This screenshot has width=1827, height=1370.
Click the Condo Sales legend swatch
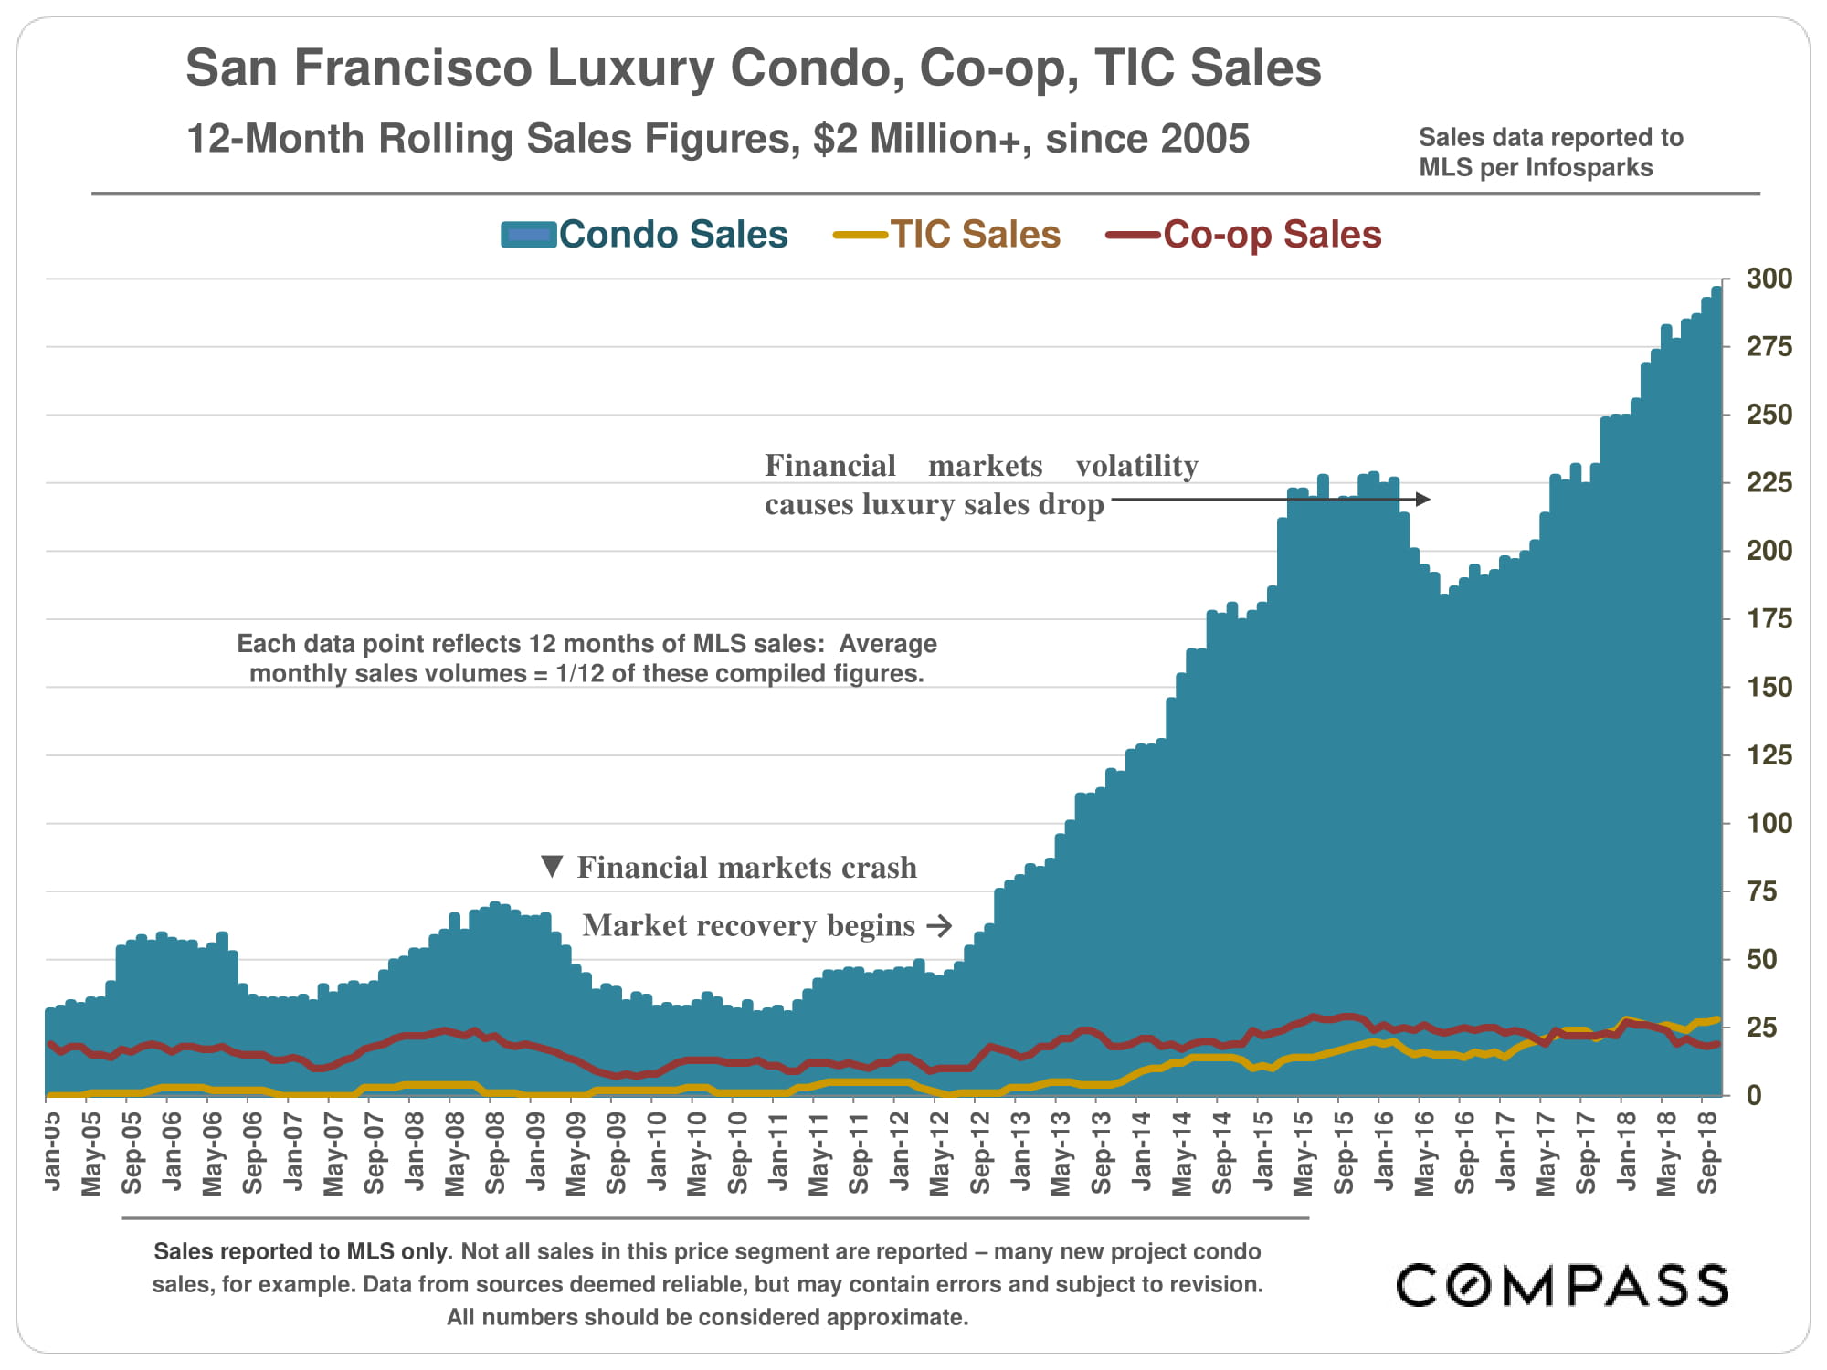(528, 235)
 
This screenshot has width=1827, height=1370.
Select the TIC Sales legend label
(975, 235)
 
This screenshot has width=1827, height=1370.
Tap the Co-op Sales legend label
(1272, 235)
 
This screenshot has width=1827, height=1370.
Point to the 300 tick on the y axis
(1769, 279)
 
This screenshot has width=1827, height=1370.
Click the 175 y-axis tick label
(1769, 619)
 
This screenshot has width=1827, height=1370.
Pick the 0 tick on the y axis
(1754, 1095)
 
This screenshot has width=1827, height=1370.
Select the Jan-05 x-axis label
(53, 1152)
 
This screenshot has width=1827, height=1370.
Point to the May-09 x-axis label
(576, 1154)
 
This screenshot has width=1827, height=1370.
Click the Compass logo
(1562, 1286)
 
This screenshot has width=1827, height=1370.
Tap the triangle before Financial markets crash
(552, 866)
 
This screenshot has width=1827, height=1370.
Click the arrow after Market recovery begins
(939, 926)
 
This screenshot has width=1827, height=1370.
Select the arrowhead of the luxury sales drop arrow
(1422, 499)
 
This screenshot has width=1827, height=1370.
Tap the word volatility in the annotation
(1136, 466)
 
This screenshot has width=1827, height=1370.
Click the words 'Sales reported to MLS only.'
(302, 1251)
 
